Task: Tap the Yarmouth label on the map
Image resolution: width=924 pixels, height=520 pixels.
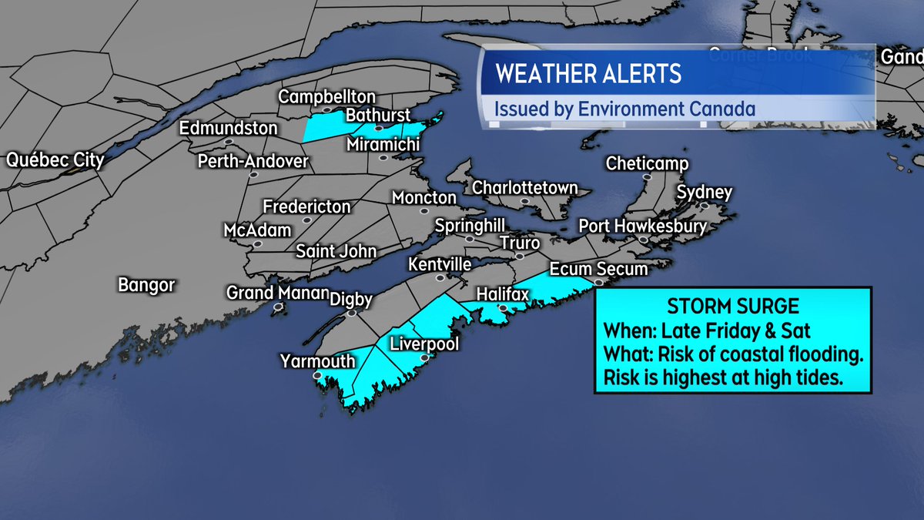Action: [x=317, y=361]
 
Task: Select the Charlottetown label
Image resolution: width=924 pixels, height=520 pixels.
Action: [x=524, y=187]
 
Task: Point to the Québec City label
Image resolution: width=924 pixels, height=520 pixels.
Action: [x=55, y=161]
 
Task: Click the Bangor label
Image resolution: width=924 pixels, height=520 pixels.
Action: [x=146, y=285]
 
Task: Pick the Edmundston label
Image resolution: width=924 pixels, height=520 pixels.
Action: [x=228, y=128]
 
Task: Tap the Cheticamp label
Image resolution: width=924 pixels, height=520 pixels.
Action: [x=647, y=164]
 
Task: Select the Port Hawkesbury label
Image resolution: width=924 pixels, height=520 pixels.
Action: [x=642, y=226]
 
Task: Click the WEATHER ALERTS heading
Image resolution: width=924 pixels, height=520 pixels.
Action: [x=588, y=74]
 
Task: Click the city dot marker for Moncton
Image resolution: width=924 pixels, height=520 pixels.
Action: [x=423, y=211]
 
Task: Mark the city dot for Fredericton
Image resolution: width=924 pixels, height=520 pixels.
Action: [x=306, y=220]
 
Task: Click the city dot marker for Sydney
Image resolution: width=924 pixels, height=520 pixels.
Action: [x=704, y=206]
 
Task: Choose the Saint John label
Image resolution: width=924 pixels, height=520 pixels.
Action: [x=336, y=251]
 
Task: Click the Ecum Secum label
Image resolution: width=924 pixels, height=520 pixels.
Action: [x=598, y=270]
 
